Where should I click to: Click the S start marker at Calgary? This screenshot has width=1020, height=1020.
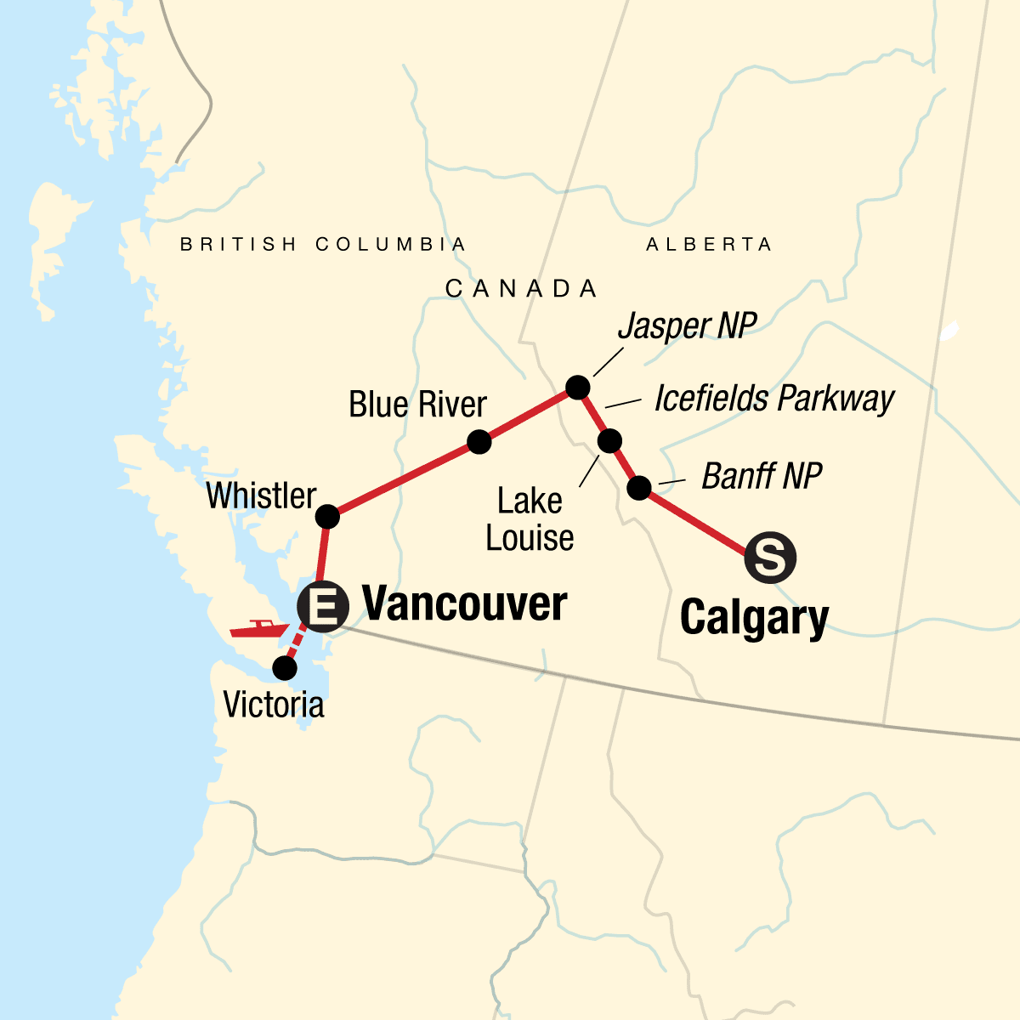coord(769,558)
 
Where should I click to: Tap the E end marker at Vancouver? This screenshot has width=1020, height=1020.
coord(323,607)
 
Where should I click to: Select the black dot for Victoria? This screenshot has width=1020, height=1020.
coord(285,668)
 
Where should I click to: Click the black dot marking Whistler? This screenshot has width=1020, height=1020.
coord(327,517)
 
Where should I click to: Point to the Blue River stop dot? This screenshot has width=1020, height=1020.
coord(479,442)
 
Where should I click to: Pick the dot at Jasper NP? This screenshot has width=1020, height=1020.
coord(577,388)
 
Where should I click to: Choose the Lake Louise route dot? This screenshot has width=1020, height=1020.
coord(610,441)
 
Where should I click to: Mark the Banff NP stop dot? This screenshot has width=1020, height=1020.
coord(639,488)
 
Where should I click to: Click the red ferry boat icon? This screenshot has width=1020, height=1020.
coord(258,629)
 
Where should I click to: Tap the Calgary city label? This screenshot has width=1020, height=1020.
coord(754,617)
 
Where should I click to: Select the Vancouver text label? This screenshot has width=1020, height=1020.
coord(464,604)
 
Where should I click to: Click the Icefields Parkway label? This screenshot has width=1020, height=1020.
coord(773,399)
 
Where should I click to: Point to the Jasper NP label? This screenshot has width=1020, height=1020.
coord(687,326)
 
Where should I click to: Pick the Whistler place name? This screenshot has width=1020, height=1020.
coord(261,496)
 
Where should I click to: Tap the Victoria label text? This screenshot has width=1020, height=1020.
coord(274,705)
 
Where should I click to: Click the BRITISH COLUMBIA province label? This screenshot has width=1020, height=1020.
coord(323,245)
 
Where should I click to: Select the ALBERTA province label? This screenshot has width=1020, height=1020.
coord(709,245)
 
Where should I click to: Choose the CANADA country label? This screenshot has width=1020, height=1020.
coord(521,289)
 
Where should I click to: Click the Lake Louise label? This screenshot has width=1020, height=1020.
coord(530,519)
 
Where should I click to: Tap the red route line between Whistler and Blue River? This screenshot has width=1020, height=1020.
coord(404,479)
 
